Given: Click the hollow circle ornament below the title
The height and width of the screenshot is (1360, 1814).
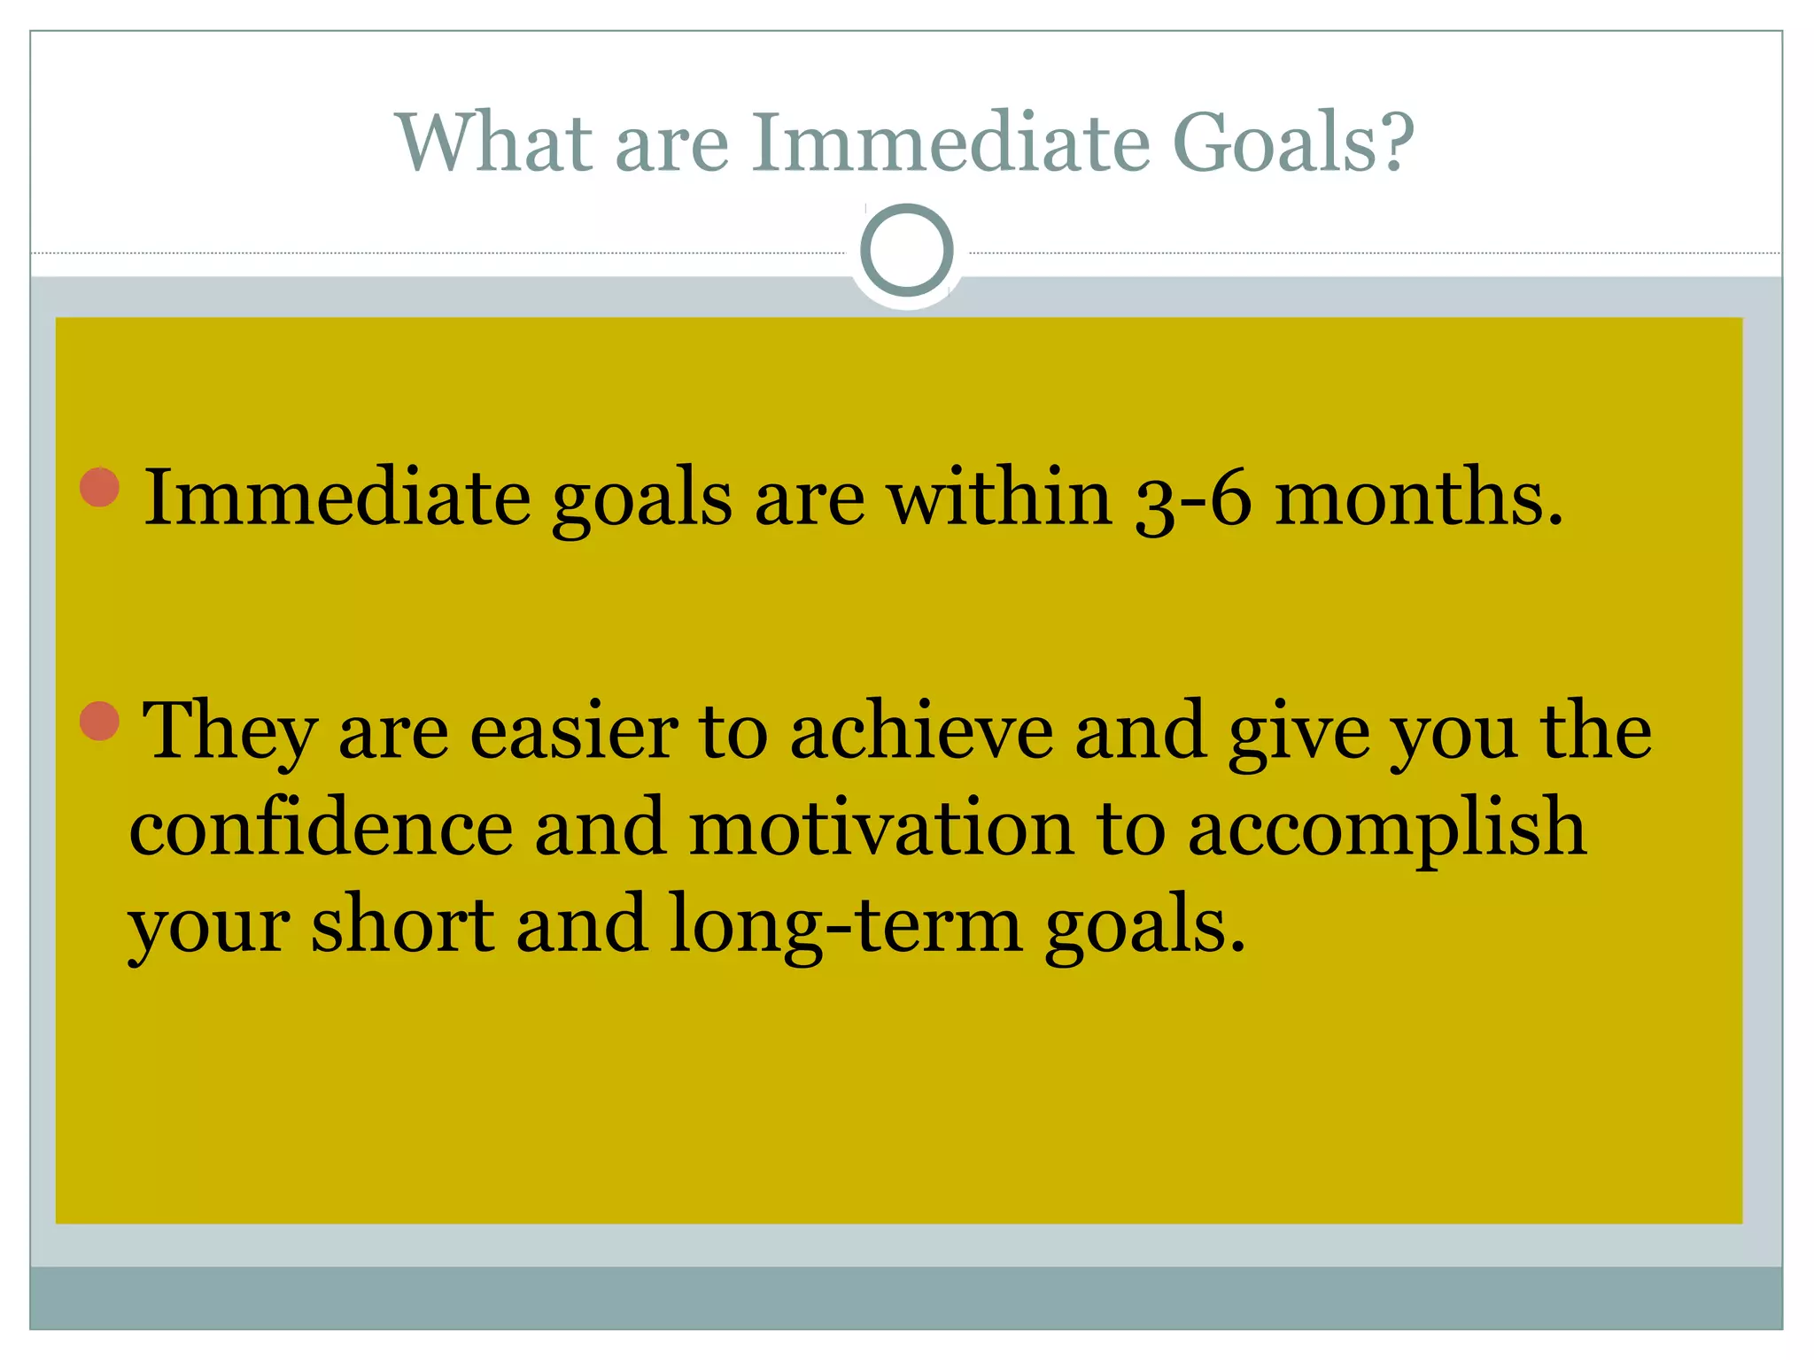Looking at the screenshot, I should (906, 251).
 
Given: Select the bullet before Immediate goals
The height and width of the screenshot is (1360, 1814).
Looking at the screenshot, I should (99, 487).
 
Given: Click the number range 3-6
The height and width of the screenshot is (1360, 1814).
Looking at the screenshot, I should (1193, 498).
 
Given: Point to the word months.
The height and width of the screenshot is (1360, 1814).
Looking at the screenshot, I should (1418, 498).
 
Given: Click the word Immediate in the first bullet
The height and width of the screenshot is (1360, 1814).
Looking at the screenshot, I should (337, 498).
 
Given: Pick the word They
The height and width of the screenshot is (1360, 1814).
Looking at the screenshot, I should (229, 731).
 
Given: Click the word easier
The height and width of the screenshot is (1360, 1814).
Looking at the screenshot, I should (573, 731).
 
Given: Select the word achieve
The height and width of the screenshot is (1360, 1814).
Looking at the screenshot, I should (921, 731).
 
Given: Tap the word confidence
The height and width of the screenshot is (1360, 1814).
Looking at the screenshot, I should (321, 828).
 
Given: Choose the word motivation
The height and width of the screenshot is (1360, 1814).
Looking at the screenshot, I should (880, 828).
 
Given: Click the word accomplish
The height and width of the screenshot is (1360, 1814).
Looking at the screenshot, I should (1386, 828).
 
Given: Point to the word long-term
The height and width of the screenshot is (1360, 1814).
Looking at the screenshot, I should (845, 924).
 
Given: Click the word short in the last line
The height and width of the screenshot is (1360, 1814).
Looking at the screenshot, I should (402, 924).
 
